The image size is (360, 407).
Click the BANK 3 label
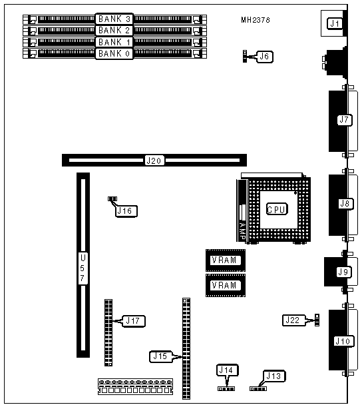pyautogui.click(x=114, y=19)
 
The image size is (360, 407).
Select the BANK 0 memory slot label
pyautogui.click(x=114, y=54)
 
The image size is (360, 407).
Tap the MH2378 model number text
pyautogui.click(x=256, y=20)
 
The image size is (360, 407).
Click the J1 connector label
pyautogui.click(x=335, y=23)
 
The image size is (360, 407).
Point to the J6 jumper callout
pyautogui.click(x=264, y=57)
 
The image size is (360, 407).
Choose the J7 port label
pyautogui.click(x=345, y=120)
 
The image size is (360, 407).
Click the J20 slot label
pyautogui.click(x=154, y=161)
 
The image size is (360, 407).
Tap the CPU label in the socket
pyautogui.click(x=277, y=209)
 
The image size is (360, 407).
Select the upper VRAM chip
pyautogui.click(x=226, y=260)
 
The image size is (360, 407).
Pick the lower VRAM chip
pyautogui.click(x=226, y=285)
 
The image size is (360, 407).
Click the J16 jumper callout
pyautogui.click(x=126, y=211)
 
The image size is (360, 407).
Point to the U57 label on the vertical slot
pyautogui.click(x=83, y=268)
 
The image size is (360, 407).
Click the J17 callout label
pyautogui.click(x=133, y=321)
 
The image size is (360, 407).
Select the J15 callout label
pyautogui.click(x=161, y=356)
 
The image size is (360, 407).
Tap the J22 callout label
pyautogui.click(x=293, y=320)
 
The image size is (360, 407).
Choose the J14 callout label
pyautogui.click(x=227, y=370)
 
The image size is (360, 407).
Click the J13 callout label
pyautogui.click(x=274, y=376)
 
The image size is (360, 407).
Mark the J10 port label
pyautogui.click(x=343, y=341)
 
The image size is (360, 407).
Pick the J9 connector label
pyautogui.click(x=344, y=272)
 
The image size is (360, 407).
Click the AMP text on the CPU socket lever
pyautogui.click(x=242, y=230)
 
